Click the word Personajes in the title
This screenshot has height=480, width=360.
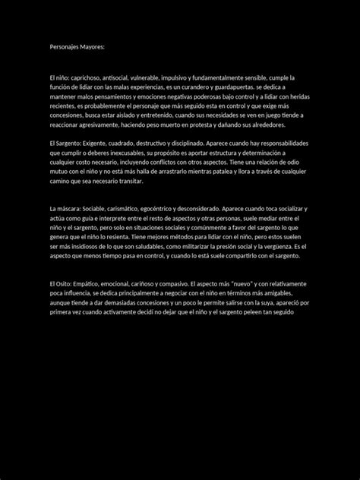pos(65,47)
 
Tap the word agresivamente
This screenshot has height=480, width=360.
pos(115,125)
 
